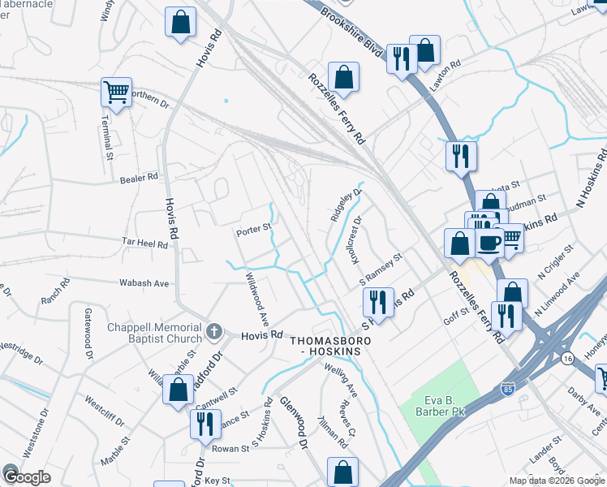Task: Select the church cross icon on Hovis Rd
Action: [214, 330]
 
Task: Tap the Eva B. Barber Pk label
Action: [427, 407]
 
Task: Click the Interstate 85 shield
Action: [508, 390]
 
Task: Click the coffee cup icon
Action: [489, 243]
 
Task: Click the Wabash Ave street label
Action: [144, 283]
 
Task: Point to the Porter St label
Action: [252, 231]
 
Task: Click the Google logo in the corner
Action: [25, 476]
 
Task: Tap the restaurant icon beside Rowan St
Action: [204, 424]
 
